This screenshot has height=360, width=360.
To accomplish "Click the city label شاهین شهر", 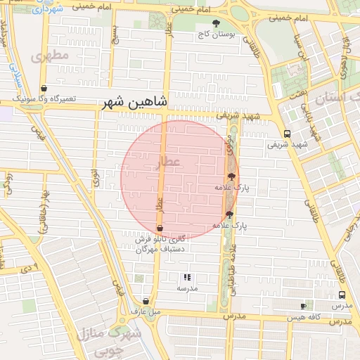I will coord(134,103).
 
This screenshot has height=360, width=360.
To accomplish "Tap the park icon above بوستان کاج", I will coord(216,24).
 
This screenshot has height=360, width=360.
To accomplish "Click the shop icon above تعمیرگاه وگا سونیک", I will coord(44,89).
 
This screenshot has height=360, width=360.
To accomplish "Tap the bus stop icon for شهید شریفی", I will coord(286,134).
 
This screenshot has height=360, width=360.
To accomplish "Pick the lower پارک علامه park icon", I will coord(229,214).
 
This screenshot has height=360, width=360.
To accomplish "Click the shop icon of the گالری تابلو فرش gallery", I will coord(160,229).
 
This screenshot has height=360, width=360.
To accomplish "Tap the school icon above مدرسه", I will coord(187,278).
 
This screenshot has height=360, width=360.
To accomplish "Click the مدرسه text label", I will coord(186,288).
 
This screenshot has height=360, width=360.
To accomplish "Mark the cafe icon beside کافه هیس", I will coord(303,306).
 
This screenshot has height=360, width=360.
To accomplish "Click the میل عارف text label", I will coord(146,311).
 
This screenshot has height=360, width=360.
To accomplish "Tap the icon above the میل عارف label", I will coord(146,300).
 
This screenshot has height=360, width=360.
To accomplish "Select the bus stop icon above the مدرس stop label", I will coord(342,295).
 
